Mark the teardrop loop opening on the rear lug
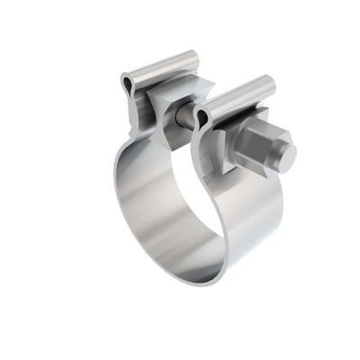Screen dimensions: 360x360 tap(129, 85)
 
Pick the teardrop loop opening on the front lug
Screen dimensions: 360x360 tap(202, 116)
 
